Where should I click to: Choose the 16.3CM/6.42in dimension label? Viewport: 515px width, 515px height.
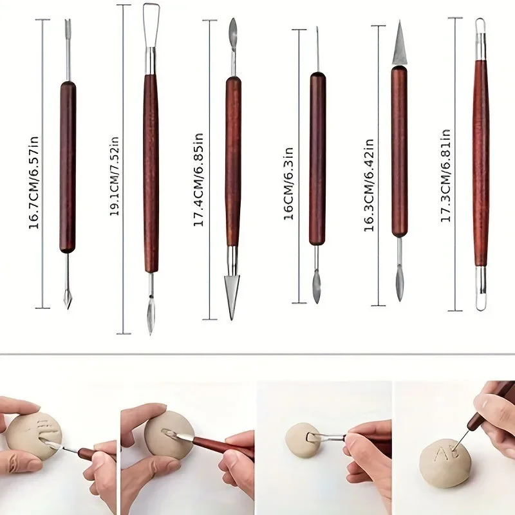pos(370,184)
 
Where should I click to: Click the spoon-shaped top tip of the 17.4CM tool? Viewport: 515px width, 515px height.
pos(233,30)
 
